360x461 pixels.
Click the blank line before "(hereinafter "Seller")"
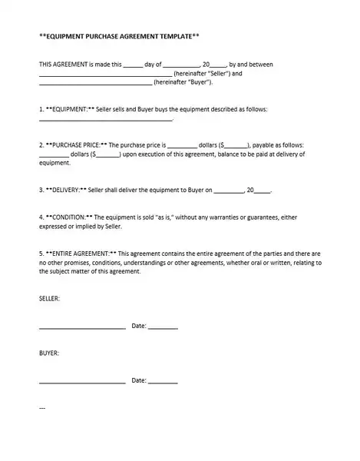pyautogui.click(x=105, y=75)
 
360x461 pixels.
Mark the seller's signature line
pyautogui.click(x=81, y=327)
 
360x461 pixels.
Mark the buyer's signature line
pyautogui.click(x=81, y=382)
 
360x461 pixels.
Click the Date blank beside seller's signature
pyautogui.click(x=163, y=327)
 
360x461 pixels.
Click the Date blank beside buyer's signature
pyautogui.click(x=163, y=382)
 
